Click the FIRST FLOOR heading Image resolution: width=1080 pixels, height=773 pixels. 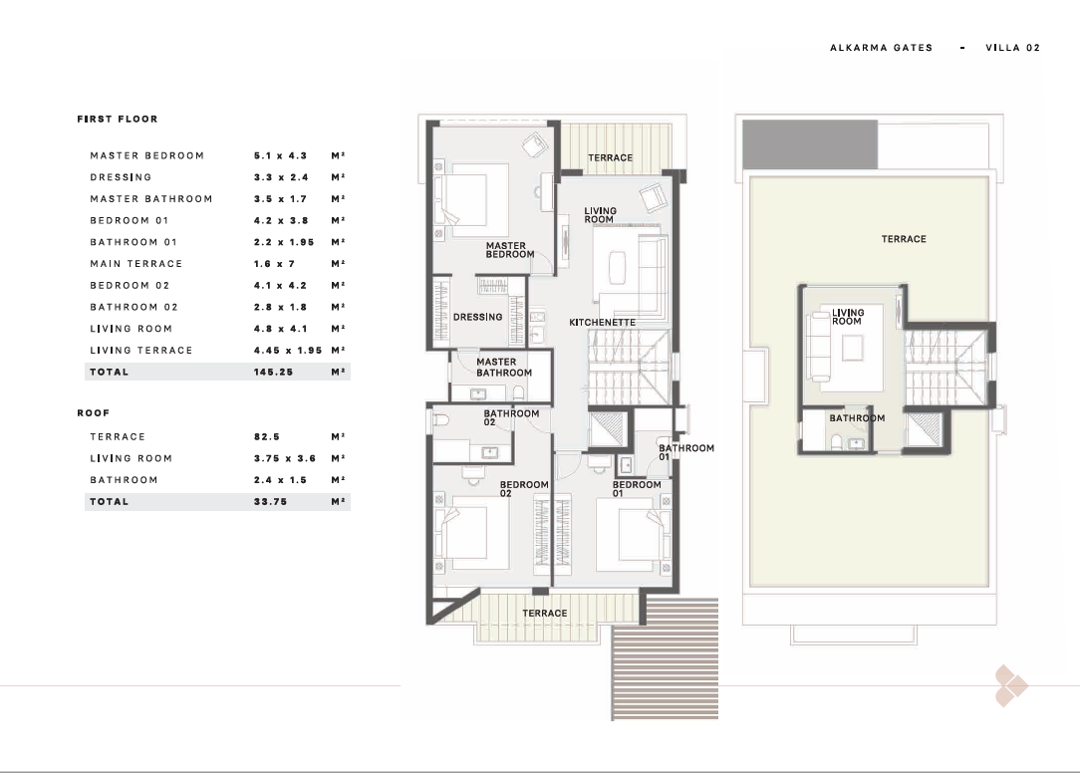[118, 120]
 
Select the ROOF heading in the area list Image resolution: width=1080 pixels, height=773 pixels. [93, 413]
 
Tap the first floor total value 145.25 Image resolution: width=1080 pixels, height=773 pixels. [273, 372]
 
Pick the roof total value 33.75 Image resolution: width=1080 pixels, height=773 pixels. [270, 502]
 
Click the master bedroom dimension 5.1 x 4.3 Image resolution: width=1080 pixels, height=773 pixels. [280, 155]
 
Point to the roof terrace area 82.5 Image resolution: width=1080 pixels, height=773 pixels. [267, 436]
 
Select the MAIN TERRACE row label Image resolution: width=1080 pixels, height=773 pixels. [136, 264]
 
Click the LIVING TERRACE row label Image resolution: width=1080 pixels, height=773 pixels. [141, 351]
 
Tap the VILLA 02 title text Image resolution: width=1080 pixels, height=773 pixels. [1012, 48]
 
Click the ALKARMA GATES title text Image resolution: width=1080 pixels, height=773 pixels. [881, 48]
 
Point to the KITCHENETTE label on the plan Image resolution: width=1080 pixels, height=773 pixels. [602, 323]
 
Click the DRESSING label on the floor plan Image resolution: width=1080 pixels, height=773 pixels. [477, 317]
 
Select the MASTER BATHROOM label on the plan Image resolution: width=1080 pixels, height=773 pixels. [504, 368]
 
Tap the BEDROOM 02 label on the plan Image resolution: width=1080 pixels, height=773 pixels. [524, 488]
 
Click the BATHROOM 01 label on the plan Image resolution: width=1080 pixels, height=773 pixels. [686, 452]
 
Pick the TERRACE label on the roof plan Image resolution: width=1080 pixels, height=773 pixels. [904, 239]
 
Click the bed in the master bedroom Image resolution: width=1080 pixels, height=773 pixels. [472, 200]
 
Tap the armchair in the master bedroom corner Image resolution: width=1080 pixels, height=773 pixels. [534, 144]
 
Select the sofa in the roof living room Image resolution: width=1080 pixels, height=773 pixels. [819, 347]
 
